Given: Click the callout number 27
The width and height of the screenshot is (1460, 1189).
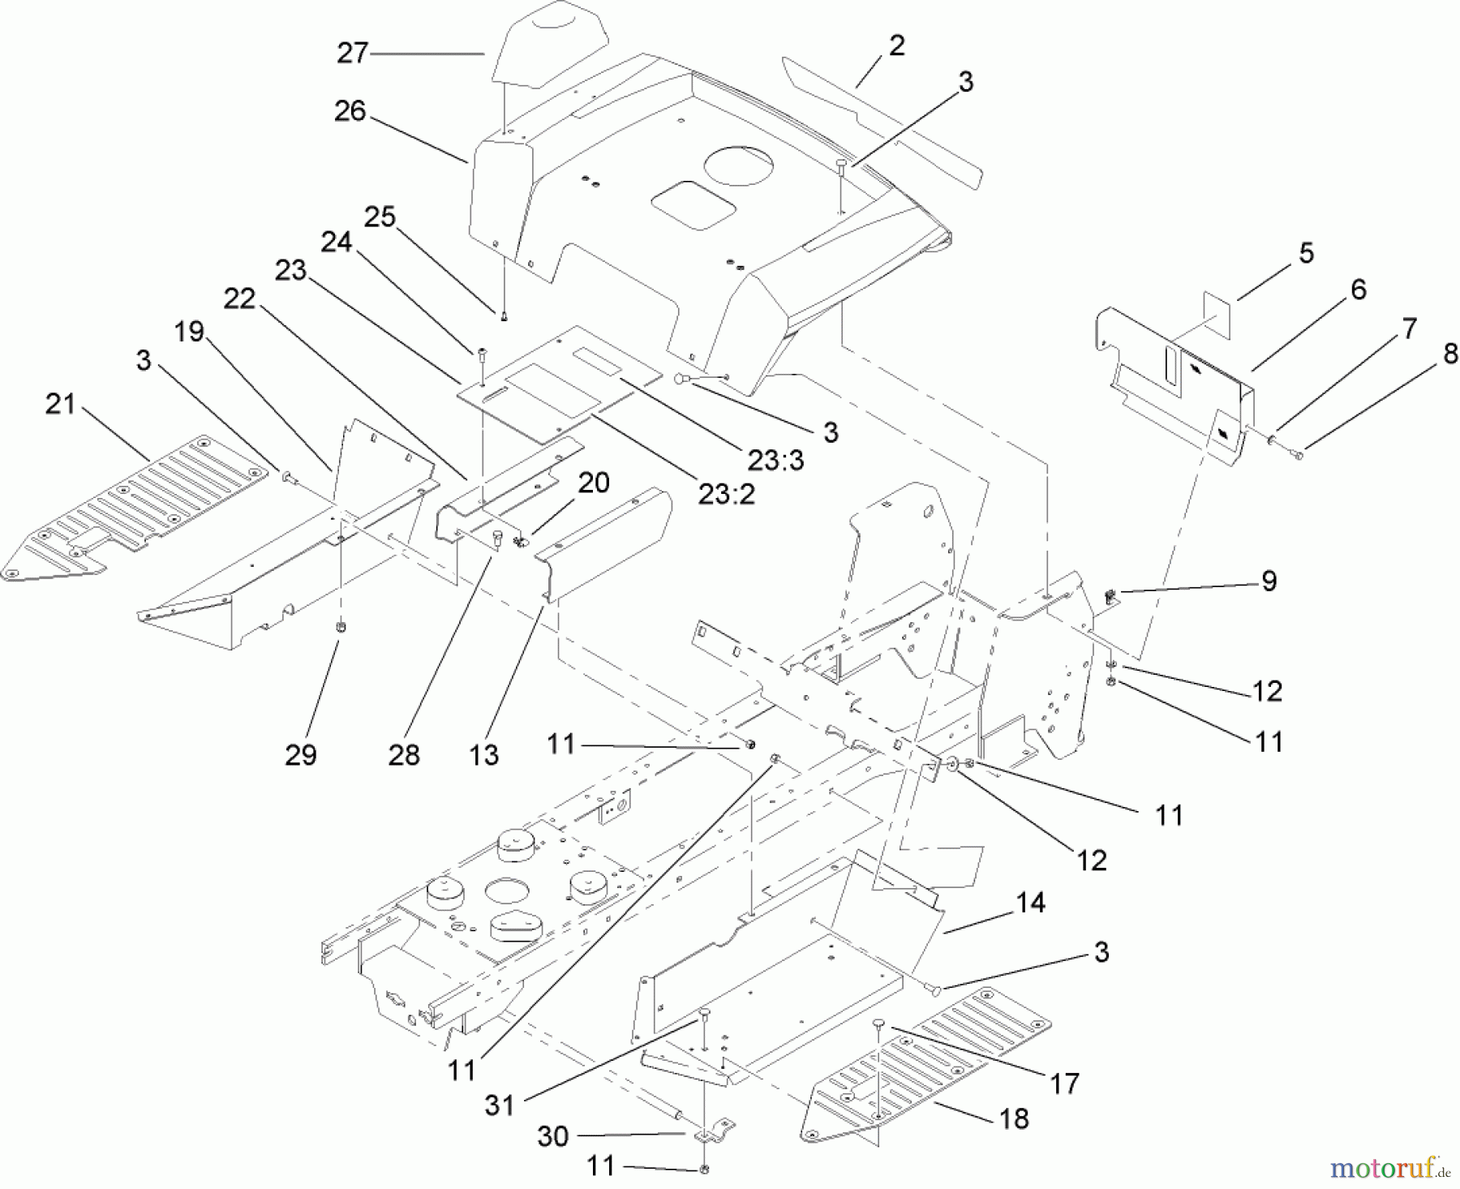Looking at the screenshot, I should tap(352, 54).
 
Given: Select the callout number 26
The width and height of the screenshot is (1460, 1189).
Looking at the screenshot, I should tap(350, 111).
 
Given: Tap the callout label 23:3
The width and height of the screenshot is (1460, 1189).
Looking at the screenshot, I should tap(775, 460).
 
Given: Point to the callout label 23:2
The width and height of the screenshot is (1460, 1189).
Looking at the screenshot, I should tap(726, 494).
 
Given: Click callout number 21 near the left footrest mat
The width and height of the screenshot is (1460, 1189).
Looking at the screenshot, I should tap(60, 403).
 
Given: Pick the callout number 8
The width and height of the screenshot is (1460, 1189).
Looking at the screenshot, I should tap(1450, 354).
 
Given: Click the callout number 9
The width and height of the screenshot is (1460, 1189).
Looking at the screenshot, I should tap(1269, 581).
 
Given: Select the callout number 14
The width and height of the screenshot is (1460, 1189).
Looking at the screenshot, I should tap(1030, 902).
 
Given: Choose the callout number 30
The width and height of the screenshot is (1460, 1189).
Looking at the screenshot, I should tap(552, 1136).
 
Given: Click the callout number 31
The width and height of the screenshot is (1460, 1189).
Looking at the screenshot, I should tap(500, 1105).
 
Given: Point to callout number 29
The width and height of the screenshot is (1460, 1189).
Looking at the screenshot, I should tap(300, 754).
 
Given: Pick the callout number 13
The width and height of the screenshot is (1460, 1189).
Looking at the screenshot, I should tap(483, 754).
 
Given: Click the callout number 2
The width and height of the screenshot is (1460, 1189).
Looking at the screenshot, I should tap(896, 46).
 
